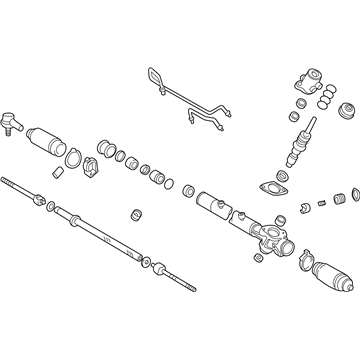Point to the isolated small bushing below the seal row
pyautogui.click(x=134, y=215)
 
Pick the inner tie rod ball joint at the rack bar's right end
pyautogui.click(x=160, y=267)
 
